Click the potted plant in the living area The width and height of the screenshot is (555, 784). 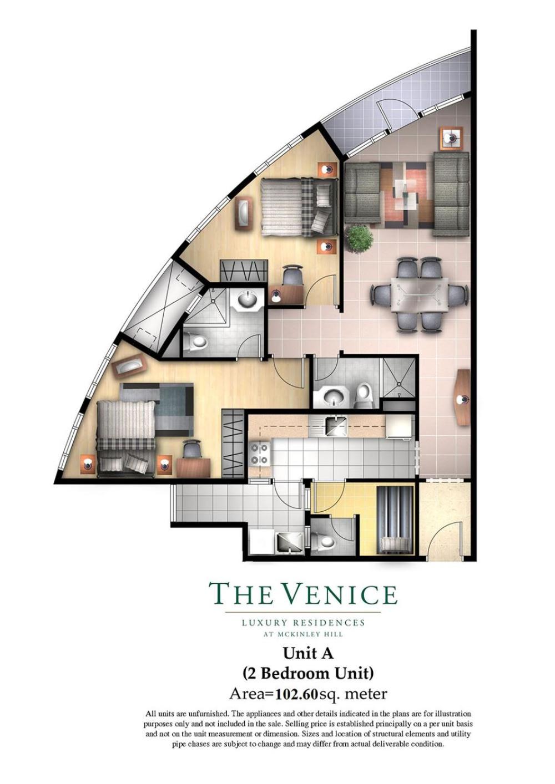tap(359, 238)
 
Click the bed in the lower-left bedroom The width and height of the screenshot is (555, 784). tap(126, 438)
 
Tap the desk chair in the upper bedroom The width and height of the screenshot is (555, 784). tap(292, 275)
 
